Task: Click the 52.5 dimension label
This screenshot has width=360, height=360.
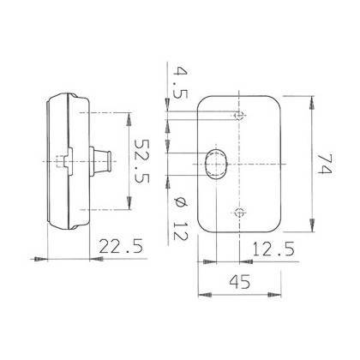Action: click(x=142, y=161)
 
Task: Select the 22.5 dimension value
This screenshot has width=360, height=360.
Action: click(x=121, y=246)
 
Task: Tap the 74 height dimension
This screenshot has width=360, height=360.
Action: click(x=325, y=165)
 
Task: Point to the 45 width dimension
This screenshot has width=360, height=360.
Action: click(x=239, y=282)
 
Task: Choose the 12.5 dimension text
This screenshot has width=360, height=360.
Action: click(x=273, y=249)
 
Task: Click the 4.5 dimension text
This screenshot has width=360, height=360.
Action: click(x=181, y=82)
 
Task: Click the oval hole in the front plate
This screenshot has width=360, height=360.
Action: click(x=217, y=164)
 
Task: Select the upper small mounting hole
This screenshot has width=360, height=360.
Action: click(x=239, y=116)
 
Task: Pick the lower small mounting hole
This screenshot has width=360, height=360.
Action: click(x=239, y=213)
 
